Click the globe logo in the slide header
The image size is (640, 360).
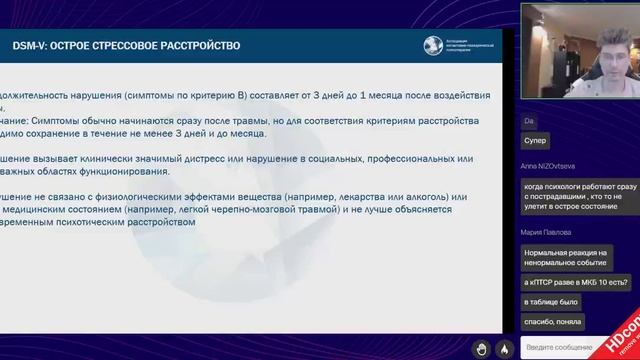click(x=432, y=45)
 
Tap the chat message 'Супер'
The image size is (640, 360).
click(x=535, y=142)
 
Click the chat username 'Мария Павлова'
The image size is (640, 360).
click(x=546, y=232)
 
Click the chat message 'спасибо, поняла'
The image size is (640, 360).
click(x=552, y=321)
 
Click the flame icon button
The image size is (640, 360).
click(x=505, y=348)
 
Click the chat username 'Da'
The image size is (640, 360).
click(x=527, y=120)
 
